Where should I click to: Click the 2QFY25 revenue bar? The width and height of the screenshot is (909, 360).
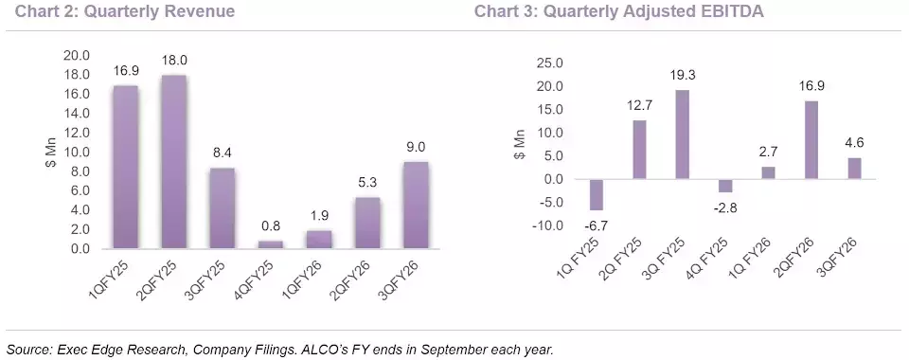coord(174,162)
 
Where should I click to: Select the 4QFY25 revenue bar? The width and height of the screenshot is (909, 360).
coord(270,244)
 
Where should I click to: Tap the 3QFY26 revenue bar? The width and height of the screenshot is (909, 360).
coord(416,206)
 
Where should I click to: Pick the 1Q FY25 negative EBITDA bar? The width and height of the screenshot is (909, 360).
coord(597,195)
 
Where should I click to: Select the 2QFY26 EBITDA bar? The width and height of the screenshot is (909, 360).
coord(811,140)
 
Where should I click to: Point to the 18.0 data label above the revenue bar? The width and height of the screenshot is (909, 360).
coord(174,61)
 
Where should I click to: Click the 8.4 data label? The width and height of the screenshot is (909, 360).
coord(223,154)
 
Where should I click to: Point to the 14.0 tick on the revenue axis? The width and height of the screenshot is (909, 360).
coord(79,114)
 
